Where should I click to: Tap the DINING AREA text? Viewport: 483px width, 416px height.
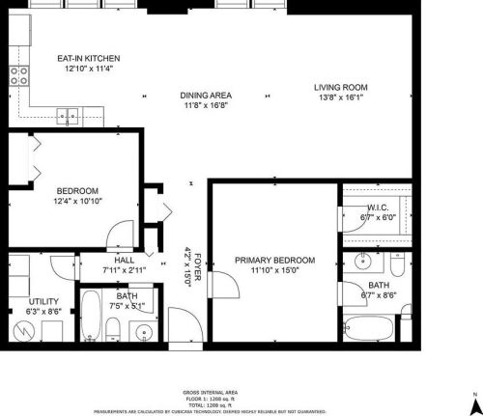click(x=207, y=95)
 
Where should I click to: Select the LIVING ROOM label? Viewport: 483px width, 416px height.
click(x=341, y=88)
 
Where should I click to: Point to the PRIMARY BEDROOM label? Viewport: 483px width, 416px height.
click(x=275, y=260)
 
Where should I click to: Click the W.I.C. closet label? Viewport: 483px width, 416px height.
click(x=378, y=208)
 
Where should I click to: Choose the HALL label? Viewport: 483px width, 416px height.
click(x=125, y=261)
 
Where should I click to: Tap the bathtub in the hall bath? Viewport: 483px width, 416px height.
click(x=90, y=319)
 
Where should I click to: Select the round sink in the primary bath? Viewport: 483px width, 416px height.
click(x=363, y=262)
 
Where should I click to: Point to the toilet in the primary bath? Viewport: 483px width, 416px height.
click(x=397, y=262)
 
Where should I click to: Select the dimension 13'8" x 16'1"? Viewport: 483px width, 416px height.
click(x=341, y=97)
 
